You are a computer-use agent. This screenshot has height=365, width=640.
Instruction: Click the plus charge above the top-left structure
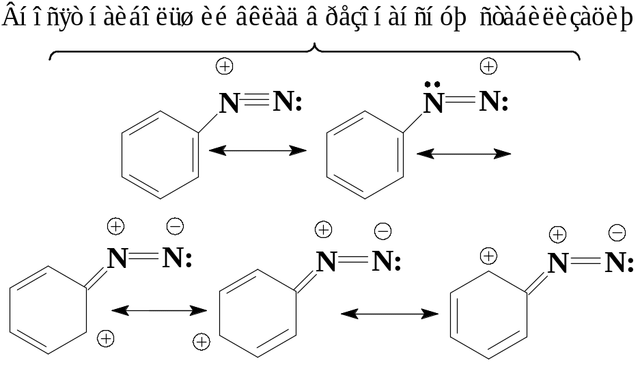(225, 66)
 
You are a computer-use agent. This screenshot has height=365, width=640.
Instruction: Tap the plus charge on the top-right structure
(488, 66)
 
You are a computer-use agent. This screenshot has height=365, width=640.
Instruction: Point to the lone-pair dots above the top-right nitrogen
(432, 85)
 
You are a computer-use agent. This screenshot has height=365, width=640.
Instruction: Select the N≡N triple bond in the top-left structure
(255, 103)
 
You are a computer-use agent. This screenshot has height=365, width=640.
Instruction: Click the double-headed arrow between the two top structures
(258, 150)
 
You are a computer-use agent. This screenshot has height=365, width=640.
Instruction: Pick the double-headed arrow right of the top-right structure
(464, 154)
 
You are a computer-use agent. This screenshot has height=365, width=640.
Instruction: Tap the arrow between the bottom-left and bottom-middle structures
(159, 311)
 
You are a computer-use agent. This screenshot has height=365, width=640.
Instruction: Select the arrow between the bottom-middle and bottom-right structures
(390, 314)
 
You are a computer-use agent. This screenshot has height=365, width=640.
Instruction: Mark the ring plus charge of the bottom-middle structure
(201, 341)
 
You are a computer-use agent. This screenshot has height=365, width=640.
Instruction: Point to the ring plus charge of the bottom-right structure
(487, 256)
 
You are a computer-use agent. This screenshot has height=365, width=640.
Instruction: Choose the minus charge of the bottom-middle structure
(382, 231)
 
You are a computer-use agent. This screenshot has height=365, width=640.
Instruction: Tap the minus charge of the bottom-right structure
(617, 233)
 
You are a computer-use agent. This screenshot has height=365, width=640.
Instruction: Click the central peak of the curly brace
(314, 47)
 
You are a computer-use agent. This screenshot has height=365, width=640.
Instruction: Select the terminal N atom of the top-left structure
(284, 103)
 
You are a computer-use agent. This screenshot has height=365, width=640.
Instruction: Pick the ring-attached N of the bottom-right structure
(558, 263)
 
